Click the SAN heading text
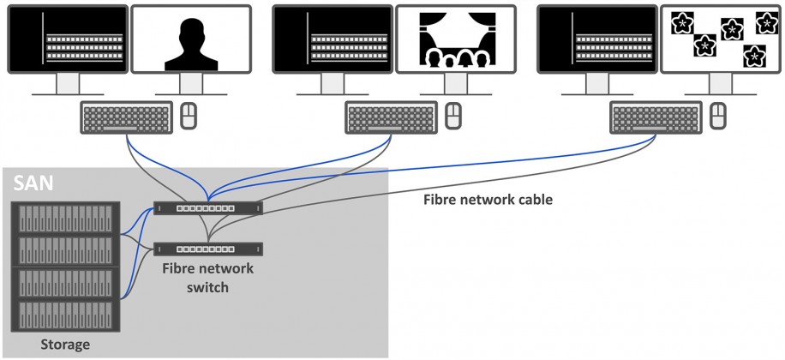coord(31,183)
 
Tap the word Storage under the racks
coord(65,345)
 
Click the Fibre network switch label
coord(209,278)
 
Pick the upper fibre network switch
coord(208,207)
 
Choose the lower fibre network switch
coord(208,249)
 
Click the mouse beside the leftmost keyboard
coord(189,116)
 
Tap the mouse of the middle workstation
coord(453,116)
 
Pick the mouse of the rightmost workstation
coord(717,116)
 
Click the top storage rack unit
coord(66,217)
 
